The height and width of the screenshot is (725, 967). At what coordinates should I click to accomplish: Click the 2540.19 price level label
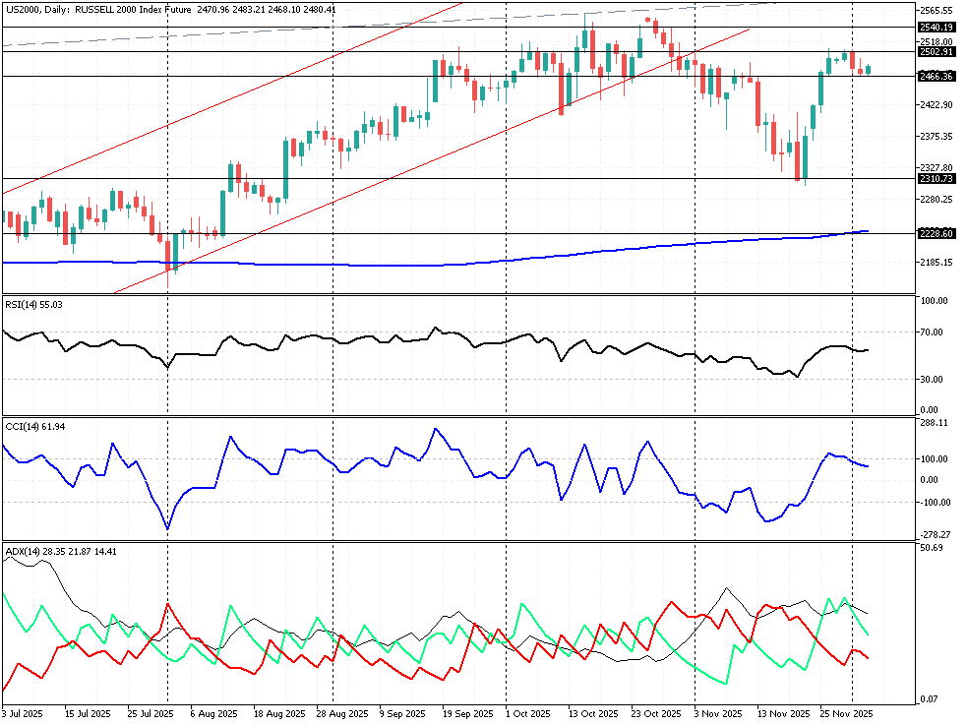pyautogui.click(x=936, y=28)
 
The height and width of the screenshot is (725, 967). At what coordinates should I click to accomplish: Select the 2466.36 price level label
pyautogui.click(x=936, y=76)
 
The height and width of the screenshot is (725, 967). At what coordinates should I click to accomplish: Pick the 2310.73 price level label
pyautogui.click(x=936, y=179)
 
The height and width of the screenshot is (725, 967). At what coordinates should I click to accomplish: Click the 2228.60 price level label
pyautogui.click(x=936, y=233)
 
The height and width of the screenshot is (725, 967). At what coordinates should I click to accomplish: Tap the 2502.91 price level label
pyautogui.click(x=936, y=52)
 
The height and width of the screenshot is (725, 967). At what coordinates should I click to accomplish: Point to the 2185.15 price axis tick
pyautogui.click(x=936, y=263)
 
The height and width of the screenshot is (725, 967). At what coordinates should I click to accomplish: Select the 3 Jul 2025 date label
pyautogui.click(x=23, y=713)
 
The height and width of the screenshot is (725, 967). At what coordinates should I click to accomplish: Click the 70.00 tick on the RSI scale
pyautogui.click(x=933, y=332)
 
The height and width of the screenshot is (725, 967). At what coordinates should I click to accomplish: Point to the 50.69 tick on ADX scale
pyautogui.click(x=931, y=548)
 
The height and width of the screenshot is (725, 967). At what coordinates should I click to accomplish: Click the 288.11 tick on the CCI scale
pyautogui.click(x=933, y=424)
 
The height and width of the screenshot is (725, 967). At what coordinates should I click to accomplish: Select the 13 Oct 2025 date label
pyautogui.click(x=593, y=713)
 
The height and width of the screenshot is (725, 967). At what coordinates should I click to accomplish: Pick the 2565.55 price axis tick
pyautogui.click(x=936, y=9)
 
